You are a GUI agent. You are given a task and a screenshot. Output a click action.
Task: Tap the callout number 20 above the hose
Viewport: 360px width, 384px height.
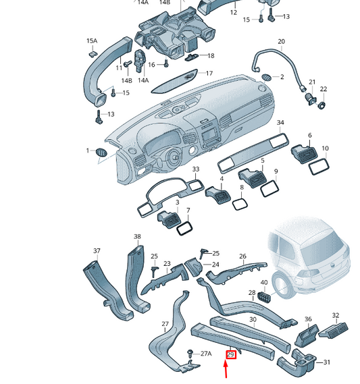coord(281,42)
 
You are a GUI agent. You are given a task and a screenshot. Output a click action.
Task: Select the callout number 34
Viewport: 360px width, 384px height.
coord(280,123)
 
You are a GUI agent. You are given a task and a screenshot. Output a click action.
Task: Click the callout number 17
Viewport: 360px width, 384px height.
coord(209,73)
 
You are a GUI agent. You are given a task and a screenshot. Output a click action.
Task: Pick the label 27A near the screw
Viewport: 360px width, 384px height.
coord(205,353)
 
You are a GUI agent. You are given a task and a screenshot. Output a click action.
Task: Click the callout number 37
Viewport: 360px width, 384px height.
coord(97,252)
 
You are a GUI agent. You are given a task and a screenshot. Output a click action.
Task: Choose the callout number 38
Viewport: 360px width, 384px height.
coord(137,237)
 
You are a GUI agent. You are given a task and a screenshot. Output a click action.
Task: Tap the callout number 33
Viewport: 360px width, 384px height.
coord(196,169)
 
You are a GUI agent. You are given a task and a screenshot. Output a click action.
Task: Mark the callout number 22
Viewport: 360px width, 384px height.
coord(323,89)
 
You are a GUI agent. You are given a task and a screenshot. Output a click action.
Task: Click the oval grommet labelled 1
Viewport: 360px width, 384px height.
coord(101,151)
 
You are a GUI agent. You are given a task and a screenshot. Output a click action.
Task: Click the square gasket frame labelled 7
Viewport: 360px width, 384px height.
coord(184,229)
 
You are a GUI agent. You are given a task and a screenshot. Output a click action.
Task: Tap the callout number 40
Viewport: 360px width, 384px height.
coord(264,282)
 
